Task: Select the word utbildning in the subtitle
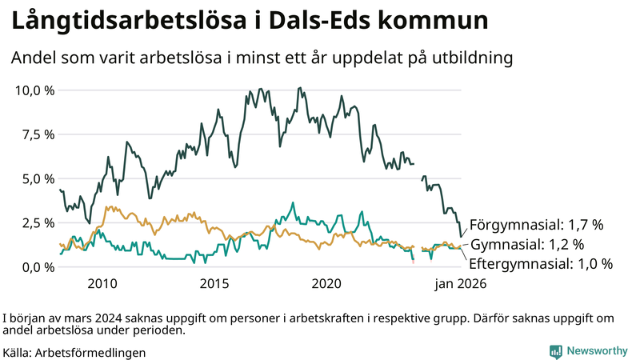[470, 58]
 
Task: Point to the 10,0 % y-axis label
[34, 90]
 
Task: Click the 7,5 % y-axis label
[38, 134]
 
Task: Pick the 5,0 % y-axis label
[38, 178]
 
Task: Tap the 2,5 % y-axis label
[38, 222]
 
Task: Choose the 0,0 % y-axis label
[38, 266]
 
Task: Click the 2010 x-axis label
[102, 283]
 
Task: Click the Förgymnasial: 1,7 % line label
[536, 224]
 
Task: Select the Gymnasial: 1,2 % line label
[526, 244]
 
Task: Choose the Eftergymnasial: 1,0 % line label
[541, 264]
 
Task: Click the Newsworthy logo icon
[555, 351]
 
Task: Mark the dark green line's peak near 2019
[299, 88]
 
